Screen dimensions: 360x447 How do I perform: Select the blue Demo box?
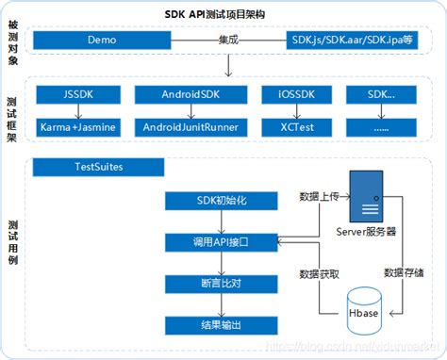(102, 41)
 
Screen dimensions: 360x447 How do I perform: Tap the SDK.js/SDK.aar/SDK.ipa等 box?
(350, 41)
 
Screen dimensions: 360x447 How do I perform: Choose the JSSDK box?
(76, 95)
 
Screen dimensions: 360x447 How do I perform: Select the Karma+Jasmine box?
(76, 125)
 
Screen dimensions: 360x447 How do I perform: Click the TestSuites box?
(93, 167)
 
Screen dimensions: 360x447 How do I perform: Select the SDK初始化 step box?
(222, 202)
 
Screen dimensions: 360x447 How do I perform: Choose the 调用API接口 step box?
(222, 242)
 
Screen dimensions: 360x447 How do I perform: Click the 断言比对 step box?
(222, 284)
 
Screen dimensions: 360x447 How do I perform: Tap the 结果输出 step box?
(222, 324)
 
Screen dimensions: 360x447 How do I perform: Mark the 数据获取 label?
(318, 272)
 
